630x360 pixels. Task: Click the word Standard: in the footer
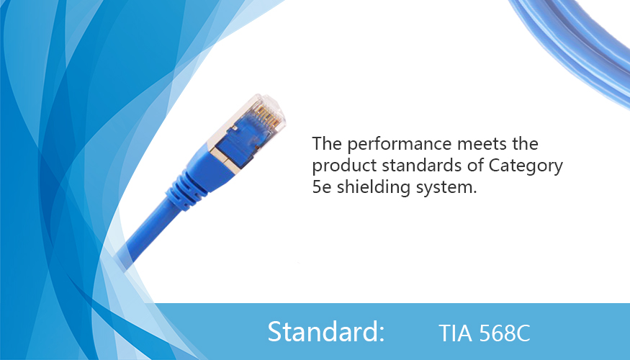tap(326, 331)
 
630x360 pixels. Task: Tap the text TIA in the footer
tap(455, 333)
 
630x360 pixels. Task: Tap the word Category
tap(526, 166)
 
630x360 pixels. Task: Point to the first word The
tap(327, 144)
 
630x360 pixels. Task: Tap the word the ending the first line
tap(525, 144)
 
